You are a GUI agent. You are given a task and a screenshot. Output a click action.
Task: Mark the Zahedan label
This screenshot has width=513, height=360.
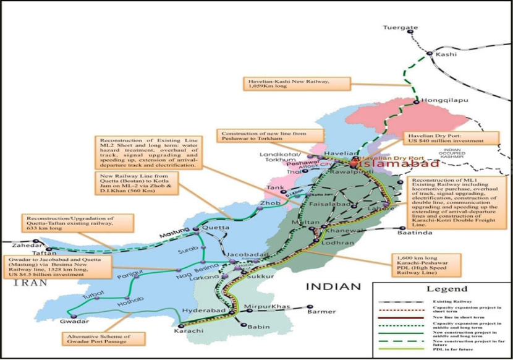17,245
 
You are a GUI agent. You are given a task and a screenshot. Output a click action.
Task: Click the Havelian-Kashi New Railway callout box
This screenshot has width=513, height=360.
297,84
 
